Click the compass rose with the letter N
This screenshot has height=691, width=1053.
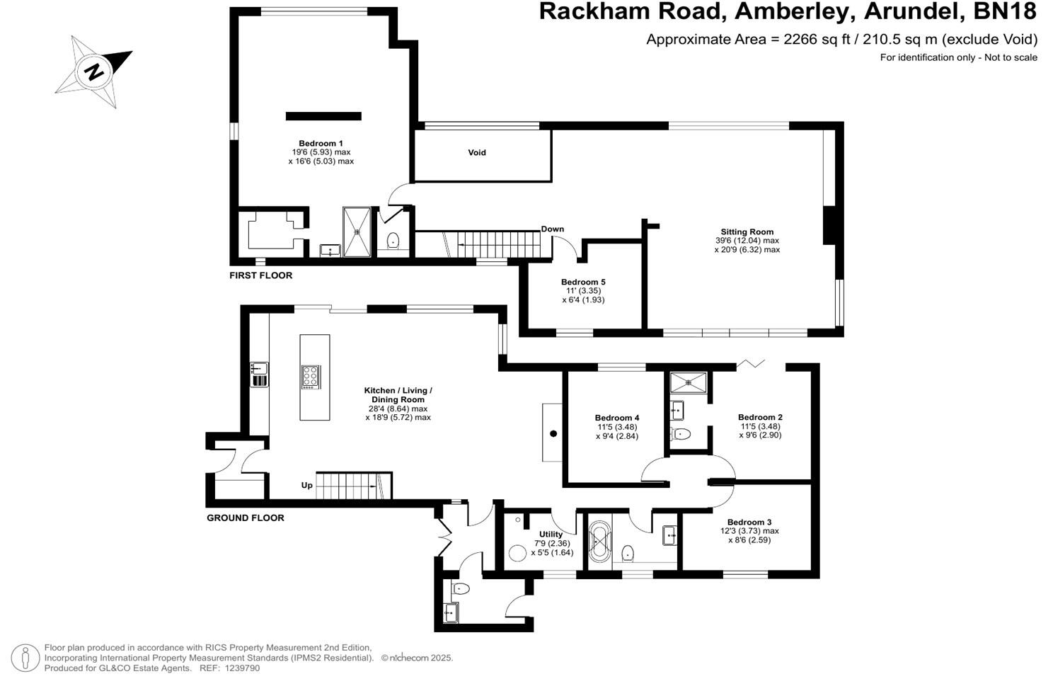point(93,71)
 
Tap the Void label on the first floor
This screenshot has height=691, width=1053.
point(477,152)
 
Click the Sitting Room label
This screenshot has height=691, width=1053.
point(747,232)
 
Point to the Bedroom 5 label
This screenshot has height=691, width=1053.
point(583,282)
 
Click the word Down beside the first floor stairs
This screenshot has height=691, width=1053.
point(553,229)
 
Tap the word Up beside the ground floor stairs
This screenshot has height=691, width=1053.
point(307,486)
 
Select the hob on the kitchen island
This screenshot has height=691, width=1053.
point(311,376)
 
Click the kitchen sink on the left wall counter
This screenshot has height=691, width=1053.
point(258,368)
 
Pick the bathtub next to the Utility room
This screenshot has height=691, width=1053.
point(600,543)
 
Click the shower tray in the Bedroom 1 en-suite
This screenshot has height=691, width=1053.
point(357,231)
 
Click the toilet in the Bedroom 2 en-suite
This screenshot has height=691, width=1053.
point(681,433)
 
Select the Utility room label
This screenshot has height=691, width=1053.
point(551,534)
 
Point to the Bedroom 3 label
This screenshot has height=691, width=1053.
point(749,522)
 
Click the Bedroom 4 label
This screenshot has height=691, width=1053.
point(617,418)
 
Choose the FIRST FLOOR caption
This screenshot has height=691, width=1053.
point(260,275)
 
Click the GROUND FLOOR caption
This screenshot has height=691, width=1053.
point(245,518)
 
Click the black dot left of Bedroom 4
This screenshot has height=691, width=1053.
point(553,433)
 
